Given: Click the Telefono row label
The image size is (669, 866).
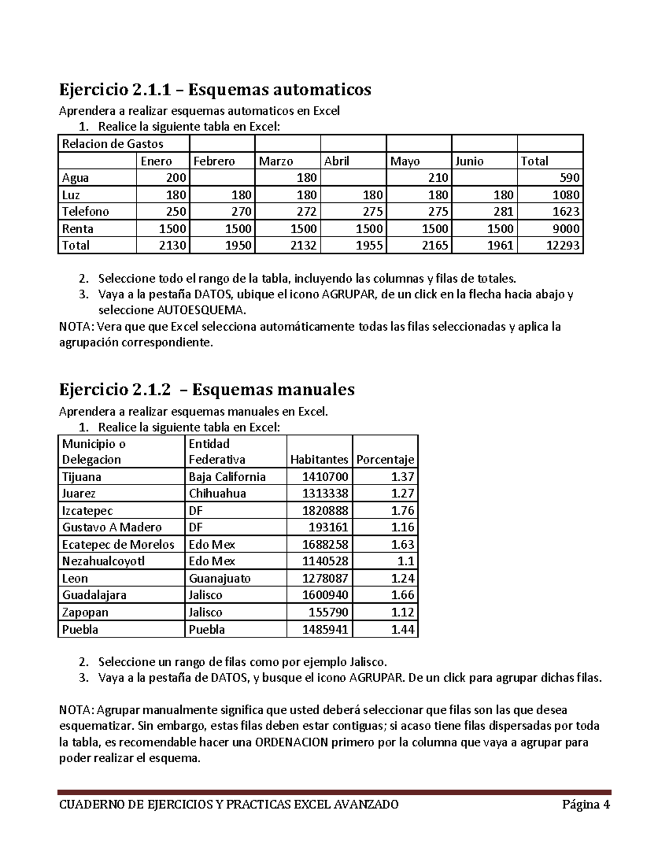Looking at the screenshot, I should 85,211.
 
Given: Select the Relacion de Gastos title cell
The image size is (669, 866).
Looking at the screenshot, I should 113,144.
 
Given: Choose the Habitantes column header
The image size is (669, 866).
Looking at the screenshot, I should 319,459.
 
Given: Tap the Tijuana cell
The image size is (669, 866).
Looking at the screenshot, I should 82,477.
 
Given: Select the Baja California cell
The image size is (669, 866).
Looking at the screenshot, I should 227,477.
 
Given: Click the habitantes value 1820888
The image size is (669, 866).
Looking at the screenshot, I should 325,511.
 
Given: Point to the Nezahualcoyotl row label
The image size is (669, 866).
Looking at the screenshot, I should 103,561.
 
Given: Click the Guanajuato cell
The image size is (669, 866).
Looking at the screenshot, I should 220,578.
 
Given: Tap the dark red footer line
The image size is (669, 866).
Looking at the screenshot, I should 334,792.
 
